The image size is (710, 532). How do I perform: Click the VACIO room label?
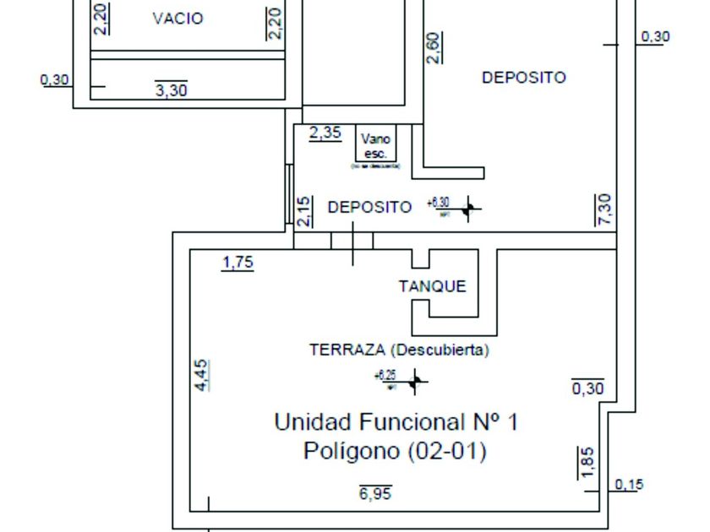[177, 19]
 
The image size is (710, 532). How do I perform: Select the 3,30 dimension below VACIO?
[171, 90]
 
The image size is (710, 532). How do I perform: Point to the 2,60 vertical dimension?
[433, 48]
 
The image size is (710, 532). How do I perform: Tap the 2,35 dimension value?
[325, 133]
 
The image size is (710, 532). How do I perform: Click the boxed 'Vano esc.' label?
[375, 146]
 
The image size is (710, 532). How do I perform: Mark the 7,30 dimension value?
[603, 209]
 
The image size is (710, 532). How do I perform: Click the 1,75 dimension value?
[238, 263]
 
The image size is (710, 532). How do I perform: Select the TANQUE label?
[432, 286]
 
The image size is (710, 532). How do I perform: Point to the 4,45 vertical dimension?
[202, 375]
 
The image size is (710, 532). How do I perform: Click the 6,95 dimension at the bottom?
[375, 494]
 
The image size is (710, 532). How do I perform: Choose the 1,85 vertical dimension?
[588, 462]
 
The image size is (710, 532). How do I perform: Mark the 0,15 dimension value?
[629, 485]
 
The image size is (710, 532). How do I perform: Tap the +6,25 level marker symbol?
[414, 383]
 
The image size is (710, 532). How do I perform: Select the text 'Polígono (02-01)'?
[395, 452]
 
